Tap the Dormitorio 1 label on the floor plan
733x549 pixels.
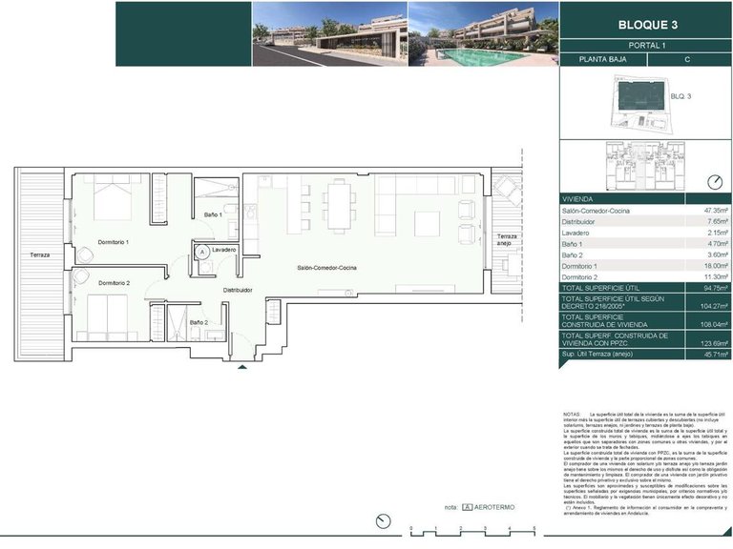pyautogui.click(x=119, y=242)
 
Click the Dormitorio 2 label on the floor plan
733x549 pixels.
pyautogui.click(x=114, y=282)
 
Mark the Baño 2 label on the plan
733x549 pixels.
pyautogui.click(x=199, y=322)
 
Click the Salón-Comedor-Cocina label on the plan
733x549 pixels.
pyautogui.click(x=327, y=270)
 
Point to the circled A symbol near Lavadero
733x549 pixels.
pyautogui.click(x=202, y=252)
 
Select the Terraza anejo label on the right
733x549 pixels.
pyautogui.click(x=505, y=240)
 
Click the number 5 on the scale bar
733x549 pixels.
pyautogui.click(x=534, y=528)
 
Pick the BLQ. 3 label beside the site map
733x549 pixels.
pyautogui.click(x=681, y=96)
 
